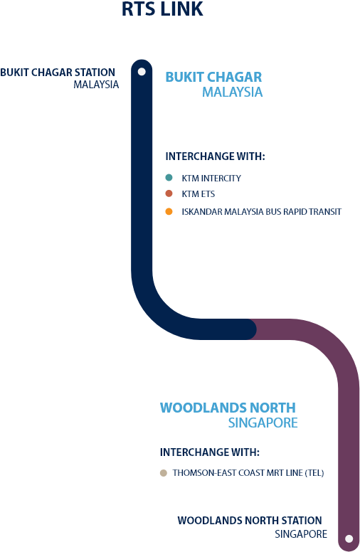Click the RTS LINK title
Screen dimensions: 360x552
162,9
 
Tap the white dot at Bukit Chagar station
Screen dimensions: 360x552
142,72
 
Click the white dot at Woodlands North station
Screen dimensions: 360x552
349,538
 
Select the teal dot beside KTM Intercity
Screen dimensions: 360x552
169,178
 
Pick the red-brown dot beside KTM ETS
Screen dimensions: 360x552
169,193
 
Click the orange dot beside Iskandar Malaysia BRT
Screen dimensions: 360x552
169,211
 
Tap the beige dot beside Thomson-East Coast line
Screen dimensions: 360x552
163,473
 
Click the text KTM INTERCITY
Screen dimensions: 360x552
211,179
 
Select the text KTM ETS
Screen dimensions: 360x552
198,194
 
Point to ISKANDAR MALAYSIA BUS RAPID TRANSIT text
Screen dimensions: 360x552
262,212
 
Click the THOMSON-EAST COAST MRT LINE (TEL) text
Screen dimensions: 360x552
248,473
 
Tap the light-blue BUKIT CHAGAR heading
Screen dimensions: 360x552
214,77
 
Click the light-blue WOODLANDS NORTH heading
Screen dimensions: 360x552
228,408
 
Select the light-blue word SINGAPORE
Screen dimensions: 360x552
263,423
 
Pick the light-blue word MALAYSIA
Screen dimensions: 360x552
233,92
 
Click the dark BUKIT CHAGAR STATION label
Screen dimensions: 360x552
58,73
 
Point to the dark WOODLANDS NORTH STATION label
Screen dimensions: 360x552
250,520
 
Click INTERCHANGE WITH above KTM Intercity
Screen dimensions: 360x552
216,156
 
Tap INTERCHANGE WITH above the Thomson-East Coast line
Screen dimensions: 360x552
210,452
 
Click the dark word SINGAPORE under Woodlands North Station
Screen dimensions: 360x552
301,534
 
